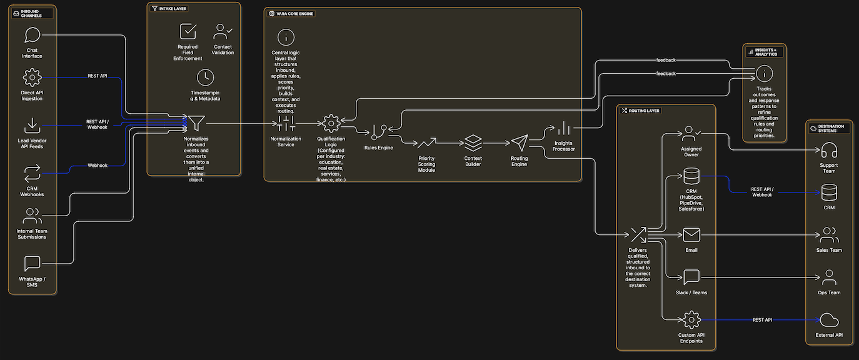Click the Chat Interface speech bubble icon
(x=32, y=35)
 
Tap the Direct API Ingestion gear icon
(x=32, y=77)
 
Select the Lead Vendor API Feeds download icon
(x=32, y=126)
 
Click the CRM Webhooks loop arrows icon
(x=32, y=173)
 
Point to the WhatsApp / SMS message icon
(x=32, y=263)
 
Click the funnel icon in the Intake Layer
(x=196, y=122)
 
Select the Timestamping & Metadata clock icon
(x=205, y=77)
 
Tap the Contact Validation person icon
(x=223, y=31)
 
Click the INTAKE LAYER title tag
(x=169, y=9)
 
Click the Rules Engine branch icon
(x=378, y=132)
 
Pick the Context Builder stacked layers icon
(x=473, y=143)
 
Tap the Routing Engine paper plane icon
(x=520, y=143)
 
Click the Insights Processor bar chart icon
(x=564, y=128)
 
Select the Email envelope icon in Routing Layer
(x=691, y=234)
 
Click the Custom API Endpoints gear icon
(x=691, y=320)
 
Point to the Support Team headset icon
(x=829, y=151)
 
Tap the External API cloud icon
(x=829, y=320)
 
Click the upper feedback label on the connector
(x=666, y=60)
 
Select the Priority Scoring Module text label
(x=426, y=164)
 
